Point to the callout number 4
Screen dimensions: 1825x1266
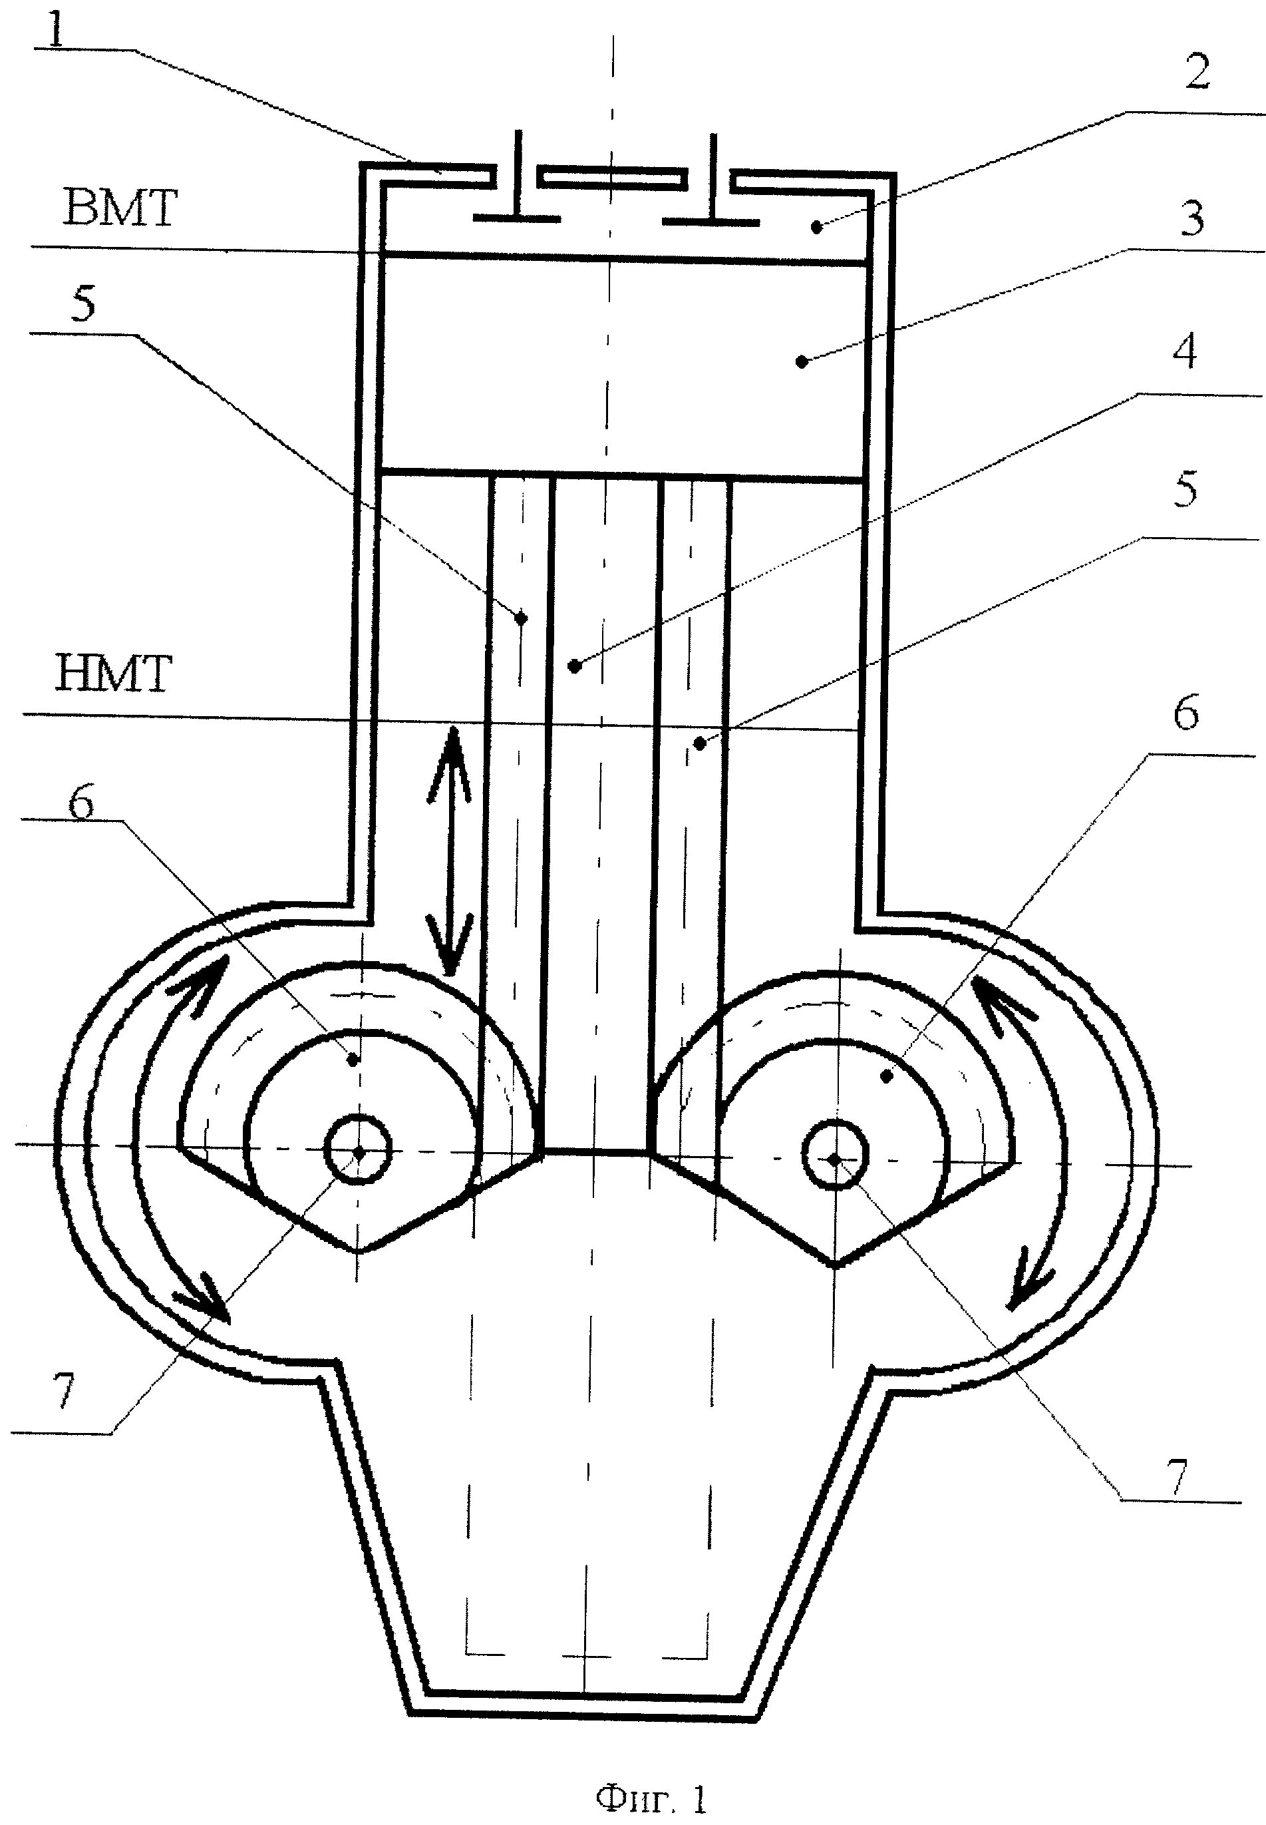(1184, 351)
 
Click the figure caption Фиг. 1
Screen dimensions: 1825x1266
(651, 1776)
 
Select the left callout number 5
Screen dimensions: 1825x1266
(82, 305)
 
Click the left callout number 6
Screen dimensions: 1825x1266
(81, 803)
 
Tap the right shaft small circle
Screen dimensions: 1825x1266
(836, 1159)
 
